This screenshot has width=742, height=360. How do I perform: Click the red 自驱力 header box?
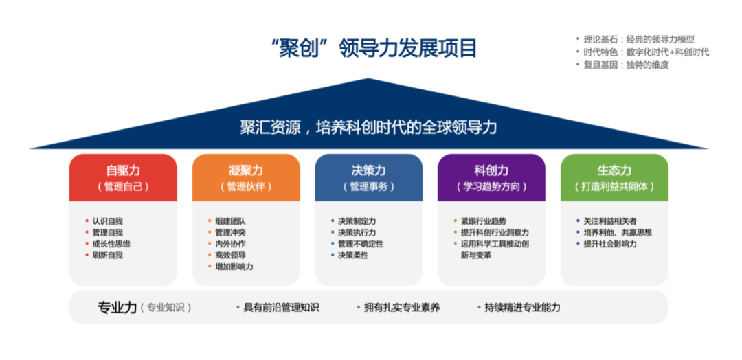(123, 178)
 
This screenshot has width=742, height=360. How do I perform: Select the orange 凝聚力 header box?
(246, 178)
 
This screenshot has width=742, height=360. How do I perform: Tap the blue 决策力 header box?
(369, 178)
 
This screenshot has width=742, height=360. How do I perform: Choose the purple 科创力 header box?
(492, 178)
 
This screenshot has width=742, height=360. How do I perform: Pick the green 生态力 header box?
(614, 178)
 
